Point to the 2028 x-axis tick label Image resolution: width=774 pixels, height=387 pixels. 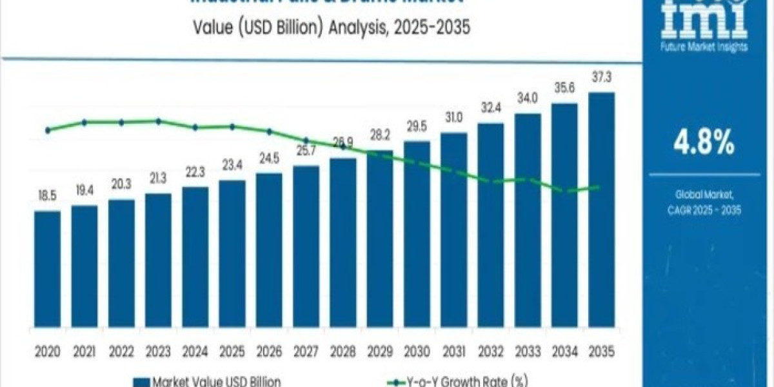tap(342, 352)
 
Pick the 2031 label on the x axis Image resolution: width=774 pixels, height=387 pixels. tap(453, 352)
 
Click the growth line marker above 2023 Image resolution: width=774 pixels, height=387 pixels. tap(158, 121)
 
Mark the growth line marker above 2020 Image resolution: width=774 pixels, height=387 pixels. tap(48, 130)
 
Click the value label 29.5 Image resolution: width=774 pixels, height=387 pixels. tap(417, 127)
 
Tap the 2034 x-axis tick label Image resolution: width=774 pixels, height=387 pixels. tap(564, 352)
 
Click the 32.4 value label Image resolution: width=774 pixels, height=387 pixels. tap(490, 109)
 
